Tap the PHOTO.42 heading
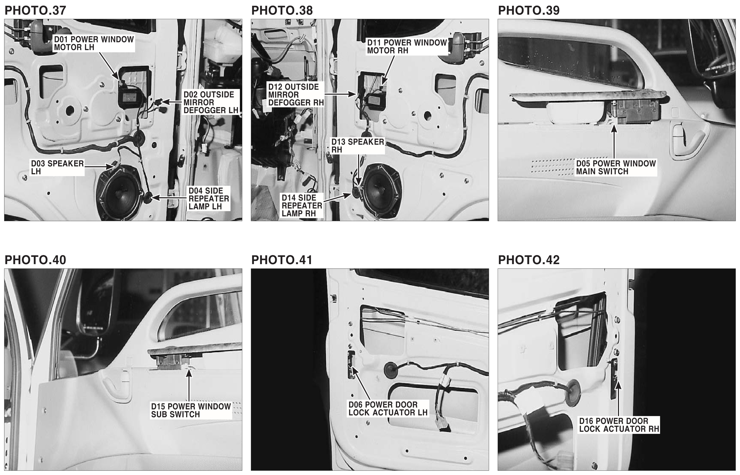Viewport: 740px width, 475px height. point(529,260)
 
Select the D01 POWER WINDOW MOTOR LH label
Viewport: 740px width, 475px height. point(94,43)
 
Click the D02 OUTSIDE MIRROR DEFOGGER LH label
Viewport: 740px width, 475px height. point(211,102)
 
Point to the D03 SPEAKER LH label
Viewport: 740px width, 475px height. point(57,167)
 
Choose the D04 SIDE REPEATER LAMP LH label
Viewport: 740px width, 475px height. point(209,199)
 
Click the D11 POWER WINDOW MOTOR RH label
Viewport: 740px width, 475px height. point(407,47)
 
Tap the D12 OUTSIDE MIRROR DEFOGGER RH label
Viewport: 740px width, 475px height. point(296,95)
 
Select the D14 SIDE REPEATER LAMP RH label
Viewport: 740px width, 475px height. point(302,205)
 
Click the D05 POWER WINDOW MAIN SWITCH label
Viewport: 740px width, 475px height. point(616,167)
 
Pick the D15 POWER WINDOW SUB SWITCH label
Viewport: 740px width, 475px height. point(191,410)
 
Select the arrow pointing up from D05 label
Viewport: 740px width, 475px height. point(614,142)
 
